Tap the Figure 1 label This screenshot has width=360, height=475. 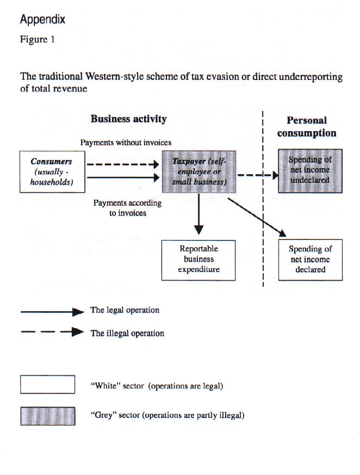37,39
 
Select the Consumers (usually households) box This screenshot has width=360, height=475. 52,172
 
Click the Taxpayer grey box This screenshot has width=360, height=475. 199,171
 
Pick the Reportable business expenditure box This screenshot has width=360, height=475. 198,260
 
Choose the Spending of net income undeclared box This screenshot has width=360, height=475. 311,171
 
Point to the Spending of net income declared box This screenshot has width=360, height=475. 311,260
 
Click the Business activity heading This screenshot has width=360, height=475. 129,119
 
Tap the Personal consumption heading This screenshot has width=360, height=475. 307,127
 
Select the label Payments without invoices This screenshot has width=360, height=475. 126,143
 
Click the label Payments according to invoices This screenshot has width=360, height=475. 127,208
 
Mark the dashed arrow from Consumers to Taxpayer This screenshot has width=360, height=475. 123,164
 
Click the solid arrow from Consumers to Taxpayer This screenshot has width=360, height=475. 123,177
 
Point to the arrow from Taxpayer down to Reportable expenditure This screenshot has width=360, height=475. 198,214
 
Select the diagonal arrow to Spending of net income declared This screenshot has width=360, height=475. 257,217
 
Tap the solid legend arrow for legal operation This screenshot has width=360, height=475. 52,312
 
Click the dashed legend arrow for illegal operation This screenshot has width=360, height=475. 52,332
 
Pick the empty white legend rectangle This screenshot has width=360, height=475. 47,385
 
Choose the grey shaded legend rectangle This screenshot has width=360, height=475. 47,416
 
